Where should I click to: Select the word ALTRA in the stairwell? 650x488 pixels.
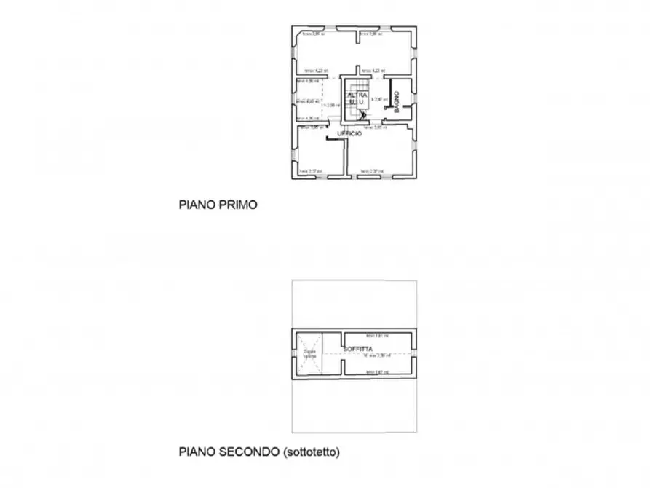[x=355, y=95]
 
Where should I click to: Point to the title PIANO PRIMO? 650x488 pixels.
[x=218, y=205]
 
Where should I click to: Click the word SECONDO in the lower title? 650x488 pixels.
[x=247, y=452]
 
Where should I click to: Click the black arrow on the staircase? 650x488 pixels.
[x=363, y=114]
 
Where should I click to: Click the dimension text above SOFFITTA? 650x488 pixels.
[x=377, y=336]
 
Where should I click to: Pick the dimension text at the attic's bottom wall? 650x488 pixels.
[x=377, y=372]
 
